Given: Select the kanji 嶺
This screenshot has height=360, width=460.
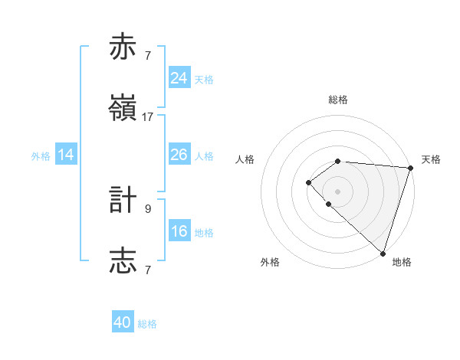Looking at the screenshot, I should point(123,109).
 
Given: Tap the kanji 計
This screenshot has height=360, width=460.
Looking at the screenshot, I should point(123,200).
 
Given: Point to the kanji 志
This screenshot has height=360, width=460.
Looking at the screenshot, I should point(123,260).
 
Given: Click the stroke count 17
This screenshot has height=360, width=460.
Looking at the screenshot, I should point(148,117).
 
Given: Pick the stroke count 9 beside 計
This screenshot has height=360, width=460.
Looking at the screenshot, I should point(148,208).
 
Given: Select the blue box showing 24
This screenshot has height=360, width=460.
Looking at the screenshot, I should point(179,78).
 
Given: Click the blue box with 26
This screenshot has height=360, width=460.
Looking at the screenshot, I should point(179,155).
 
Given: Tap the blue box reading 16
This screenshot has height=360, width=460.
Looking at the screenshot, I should point(179,231).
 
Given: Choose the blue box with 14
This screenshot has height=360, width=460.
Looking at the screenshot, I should point(66,155).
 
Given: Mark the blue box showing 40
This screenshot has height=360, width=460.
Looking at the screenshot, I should point(123,322).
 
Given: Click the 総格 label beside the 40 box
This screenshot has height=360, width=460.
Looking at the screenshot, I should point(147,324).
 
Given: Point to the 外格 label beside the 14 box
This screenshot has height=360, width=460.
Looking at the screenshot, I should point(41,156).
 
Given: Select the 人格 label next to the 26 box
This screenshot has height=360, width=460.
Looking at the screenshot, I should point(204,156).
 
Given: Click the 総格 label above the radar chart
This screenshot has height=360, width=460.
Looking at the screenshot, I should point(338,100).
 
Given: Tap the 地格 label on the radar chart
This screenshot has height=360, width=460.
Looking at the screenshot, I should point(402,262).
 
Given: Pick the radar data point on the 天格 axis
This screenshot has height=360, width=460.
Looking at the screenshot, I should point(411,168).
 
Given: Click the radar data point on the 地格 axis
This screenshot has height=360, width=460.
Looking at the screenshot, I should point(383,253).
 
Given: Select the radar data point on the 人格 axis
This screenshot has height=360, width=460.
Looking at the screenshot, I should point(308,182).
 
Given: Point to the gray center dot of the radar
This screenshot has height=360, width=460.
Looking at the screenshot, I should point(338,191).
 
